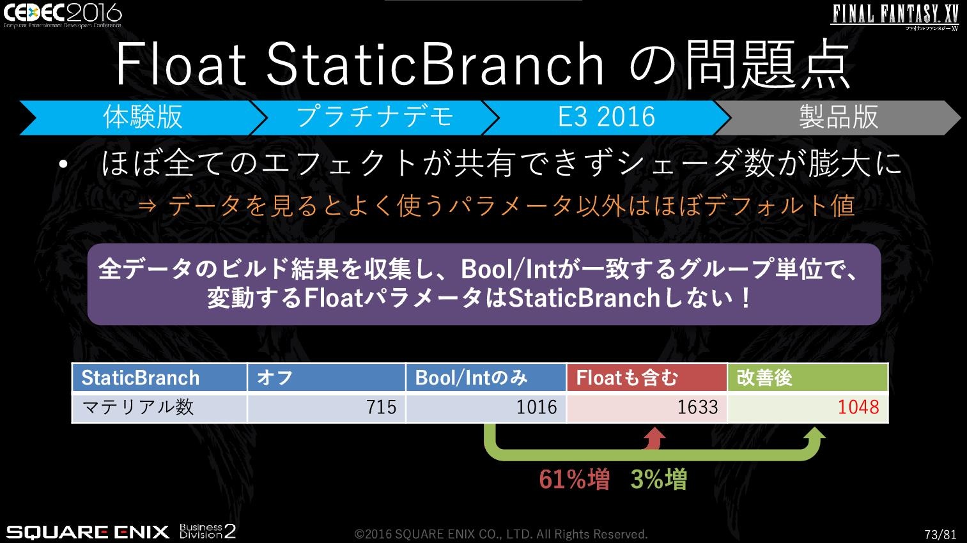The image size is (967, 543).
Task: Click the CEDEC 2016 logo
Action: [63, 15]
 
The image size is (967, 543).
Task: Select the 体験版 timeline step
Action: [143, 118]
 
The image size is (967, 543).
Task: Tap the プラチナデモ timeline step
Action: [375, 118]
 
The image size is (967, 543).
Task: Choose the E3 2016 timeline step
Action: [607, 118]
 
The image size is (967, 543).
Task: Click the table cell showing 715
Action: [327, 408]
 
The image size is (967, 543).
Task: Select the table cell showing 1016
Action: [486, 408]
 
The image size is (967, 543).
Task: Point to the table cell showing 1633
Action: [647, 408]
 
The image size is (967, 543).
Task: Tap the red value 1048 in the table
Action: [858, 407]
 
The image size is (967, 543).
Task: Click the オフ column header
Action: [327, 378]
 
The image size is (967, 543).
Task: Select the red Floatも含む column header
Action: [647, 378]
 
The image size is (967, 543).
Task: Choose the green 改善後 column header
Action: [808, 378]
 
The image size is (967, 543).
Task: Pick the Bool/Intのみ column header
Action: [486, 378]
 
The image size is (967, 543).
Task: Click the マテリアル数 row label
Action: [138, 407]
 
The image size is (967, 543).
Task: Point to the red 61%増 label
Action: [574, 479]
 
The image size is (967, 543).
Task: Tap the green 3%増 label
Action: [659, 479]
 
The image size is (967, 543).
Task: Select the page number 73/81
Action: [940, 534]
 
